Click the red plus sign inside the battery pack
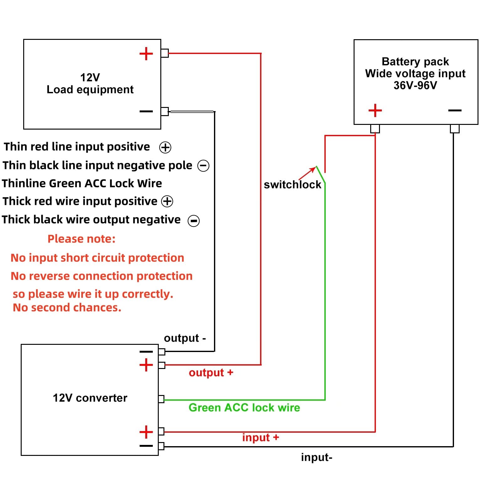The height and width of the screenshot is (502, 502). [x=375, y=110]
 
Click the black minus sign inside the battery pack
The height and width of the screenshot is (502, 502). [x=455, y=110]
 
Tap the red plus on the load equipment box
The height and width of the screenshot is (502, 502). [x=146, y=54]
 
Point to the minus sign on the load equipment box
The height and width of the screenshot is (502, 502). [x=146, y=111]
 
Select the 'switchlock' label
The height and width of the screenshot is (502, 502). [x=292, y=184]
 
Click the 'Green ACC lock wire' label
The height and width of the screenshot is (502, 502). [x=244, y=408]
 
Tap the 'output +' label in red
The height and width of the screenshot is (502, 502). [x=211, y=372]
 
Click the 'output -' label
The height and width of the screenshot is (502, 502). [x=185, y=338]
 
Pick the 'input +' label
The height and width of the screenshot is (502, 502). [x=260, y=437]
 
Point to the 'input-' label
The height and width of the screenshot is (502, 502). [x=317, y=457]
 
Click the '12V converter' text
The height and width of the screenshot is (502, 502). [x=90, y=398]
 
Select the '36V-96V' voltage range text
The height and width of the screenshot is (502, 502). [x=415, y=85]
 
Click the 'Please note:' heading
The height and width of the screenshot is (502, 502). [x=82, y=239]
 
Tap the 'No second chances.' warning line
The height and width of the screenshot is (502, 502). [x=67, y=307]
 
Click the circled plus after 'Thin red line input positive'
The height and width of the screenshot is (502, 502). [x=165, y=147]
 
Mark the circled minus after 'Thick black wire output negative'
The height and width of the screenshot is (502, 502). [x=194, y=221]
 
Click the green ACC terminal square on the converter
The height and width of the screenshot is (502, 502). [x=161, y=399]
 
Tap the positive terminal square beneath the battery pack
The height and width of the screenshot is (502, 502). [x=375, y=129]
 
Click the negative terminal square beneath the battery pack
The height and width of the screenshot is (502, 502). [x=455, y=129]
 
